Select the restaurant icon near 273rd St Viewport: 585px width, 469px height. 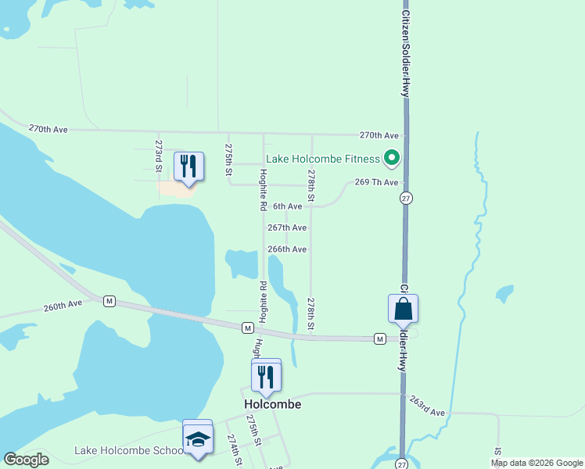coord(188,166)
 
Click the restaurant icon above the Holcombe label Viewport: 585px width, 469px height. coord(266,377)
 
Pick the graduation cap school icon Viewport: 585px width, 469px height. coord(198,439)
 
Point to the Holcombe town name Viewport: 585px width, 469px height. coord(272,405)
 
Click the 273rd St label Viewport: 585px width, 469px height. coord(158,156)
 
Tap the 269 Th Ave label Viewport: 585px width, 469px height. coord(377,182)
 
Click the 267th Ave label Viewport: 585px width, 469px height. coord(287,227)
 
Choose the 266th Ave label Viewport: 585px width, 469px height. coord(287,249)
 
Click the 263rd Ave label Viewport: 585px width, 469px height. coord(426,406)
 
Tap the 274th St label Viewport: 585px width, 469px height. coord(234,451)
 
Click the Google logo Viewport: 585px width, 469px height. coord(26,460)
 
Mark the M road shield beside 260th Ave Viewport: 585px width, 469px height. coord(109,301)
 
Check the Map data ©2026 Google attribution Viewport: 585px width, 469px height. coord(537,463)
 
